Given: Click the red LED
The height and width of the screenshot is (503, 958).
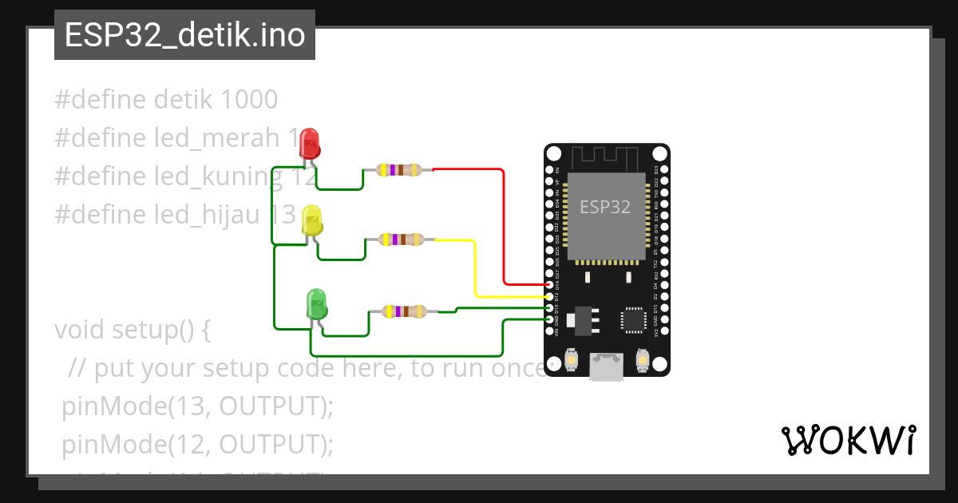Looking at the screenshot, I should [x=310, y=145].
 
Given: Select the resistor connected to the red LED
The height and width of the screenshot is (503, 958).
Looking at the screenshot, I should [x=399, y=169].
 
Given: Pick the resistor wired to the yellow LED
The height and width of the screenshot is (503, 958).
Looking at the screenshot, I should [x=402, y=239].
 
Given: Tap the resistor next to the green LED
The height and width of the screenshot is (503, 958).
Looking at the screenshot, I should [x=405, y=311].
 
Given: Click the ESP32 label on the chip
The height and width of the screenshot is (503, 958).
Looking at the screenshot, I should [x=604, y=208].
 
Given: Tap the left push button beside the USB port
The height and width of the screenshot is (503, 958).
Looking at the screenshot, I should [x=572, y=362].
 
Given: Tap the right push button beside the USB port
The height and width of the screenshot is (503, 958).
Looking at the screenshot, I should [x=642, y=362].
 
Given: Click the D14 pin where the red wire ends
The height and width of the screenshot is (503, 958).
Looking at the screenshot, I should [x=549, y=284].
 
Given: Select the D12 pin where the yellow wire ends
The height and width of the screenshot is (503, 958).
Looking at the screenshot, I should [x=549, y=296].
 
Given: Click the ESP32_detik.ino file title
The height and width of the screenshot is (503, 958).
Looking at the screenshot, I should [x=184, y=35].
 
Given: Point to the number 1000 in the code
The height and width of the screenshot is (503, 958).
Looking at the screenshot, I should [x=247, y=100].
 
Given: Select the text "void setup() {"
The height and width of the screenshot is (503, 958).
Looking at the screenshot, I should [x=132, y=330].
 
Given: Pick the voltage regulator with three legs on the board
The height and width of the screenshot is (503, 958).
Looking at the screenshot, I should [x=581, y=319].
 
